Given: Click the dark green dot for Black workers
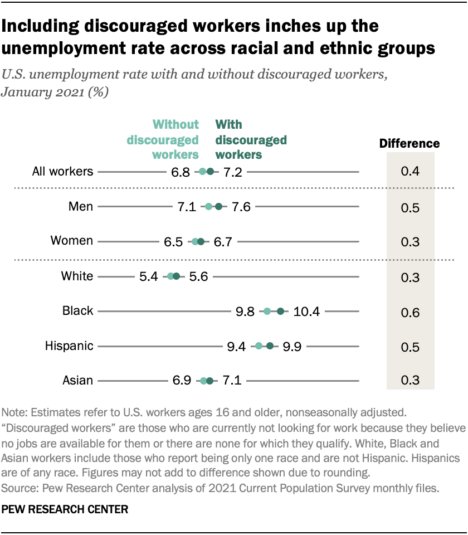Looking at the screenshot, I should [280, 312].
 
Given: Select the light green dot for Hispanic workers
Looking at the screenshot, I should [259, 346].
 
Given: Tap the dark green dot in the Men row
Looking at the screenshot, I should [218, 207].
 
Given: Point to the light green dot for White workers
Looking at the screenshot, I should [170, 276].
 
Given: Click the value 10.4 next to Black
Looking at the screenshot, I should [306, 312].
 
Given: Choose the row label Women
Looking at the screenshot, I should [72, 241].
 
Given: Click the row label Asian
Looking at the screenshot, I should [78, 381].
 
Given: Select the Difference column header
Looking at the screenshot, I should [409, 144].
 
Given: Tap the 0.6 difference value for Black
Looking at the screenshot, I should [410, 312].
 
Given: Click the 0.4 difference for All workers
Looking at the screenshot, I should [410, 172].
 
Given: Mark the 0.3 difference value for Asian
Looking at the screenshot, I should [410, 381].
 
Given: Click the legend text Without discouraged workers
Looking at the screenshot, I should [163, 139].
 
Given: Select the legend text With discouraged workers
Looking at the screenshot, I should [251, 139].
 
